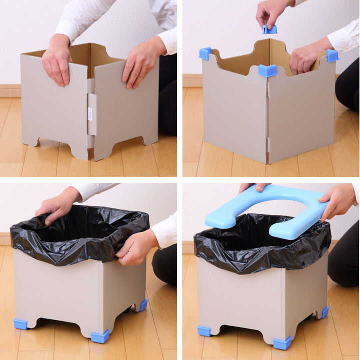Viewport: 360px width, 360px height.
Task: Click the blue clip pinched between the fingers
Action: click(x=270, y=29)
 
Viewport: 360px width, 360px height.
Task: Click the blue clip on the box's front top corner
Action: click(x=267, y=70)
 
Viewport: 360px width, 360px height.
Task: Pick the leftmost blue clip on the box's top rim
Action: click(x=205, y=53)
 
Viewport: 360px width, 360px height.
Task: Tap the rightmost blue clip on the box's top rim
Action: click(x=332, y=55)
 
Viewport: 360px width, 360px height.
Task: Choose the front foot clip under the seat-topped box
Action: click(x=282, y=343)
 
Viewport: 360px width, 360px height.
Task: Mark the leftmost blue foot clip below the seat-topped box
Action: click(x=203, y=331)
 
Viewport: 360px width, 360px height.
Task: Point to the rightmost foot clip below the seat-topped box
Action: click(x=324, y=312)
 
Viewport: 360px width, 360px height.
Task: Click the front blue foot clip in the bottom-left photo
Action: click(x=100, y=336)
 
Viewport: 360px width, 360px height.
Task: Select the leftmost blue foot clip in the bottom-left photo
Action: click(x=20, y=324)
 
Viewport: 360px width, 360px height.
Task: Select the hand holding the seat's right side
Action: click(x=338, y=200)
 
